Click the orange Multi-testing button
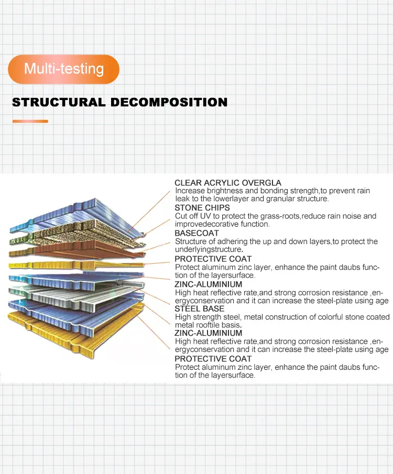(x=64, y=69)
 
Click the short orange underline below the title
(x=30, y=121)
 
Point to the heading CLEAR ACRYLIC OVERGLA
(x=227, y=183)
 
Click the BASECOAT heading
(x=197, y=233)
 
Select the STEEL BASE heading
(x=199, y=308)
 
